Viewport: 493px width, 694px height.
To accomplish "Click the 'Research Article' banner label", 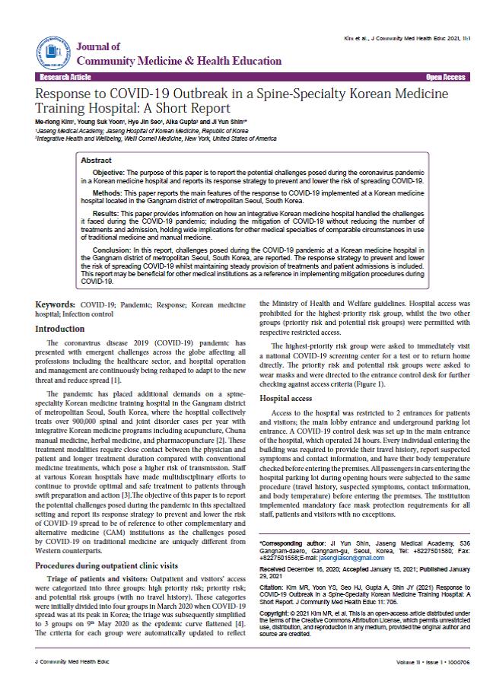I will (65, 78).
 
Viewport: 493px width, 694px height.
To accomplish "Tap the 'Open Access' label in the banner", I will (445, 78).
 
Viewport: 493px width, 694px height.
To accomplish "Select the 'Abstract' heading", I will (96, 161).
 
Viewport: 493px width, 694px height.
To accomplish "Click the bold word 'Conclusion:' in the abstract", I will (114, 249).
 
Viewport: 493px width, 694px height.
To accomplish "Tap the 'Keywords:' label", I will (56, 304).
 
